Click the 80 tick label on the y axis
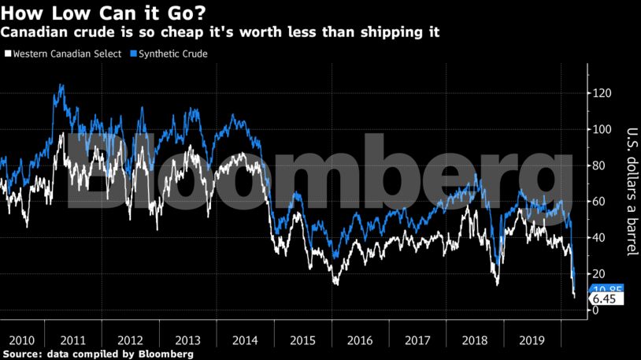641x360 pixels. coord(601,165)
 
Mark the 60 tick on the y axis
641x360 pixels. coord(601,202)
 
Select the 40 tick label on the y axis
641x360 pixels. coord(601,238)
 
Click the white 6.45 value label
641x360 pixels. coord(604,299)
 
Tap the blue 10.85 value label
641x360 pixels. coord(606,289)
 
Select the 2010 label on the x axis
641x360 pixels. coord(22,340)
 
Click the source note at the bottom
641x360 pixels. coord(97,354)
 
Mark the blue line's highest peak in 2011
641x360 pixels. coord(61,84)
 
